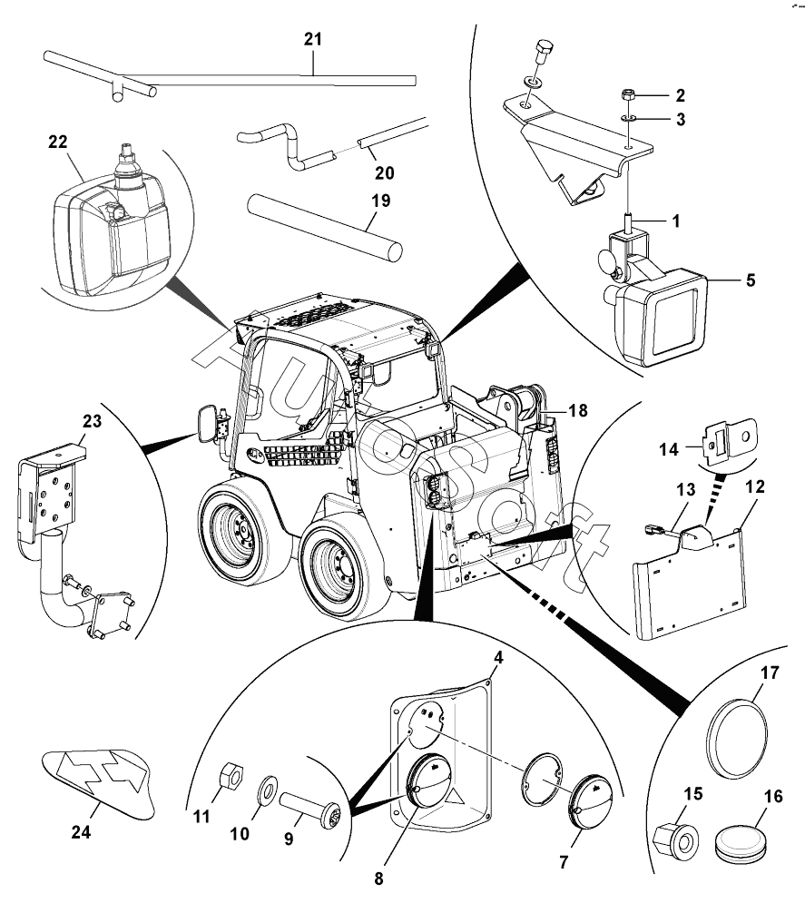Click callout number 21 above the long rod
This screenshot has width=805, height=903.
[x=312, y=39]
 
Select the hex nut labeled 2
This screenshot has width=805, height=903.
[x=628, y=94]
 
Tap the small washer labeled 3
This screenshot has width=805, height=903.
[x=628, y=117]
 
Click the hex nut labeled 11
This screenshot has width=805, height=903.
[x=231, y=776]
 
